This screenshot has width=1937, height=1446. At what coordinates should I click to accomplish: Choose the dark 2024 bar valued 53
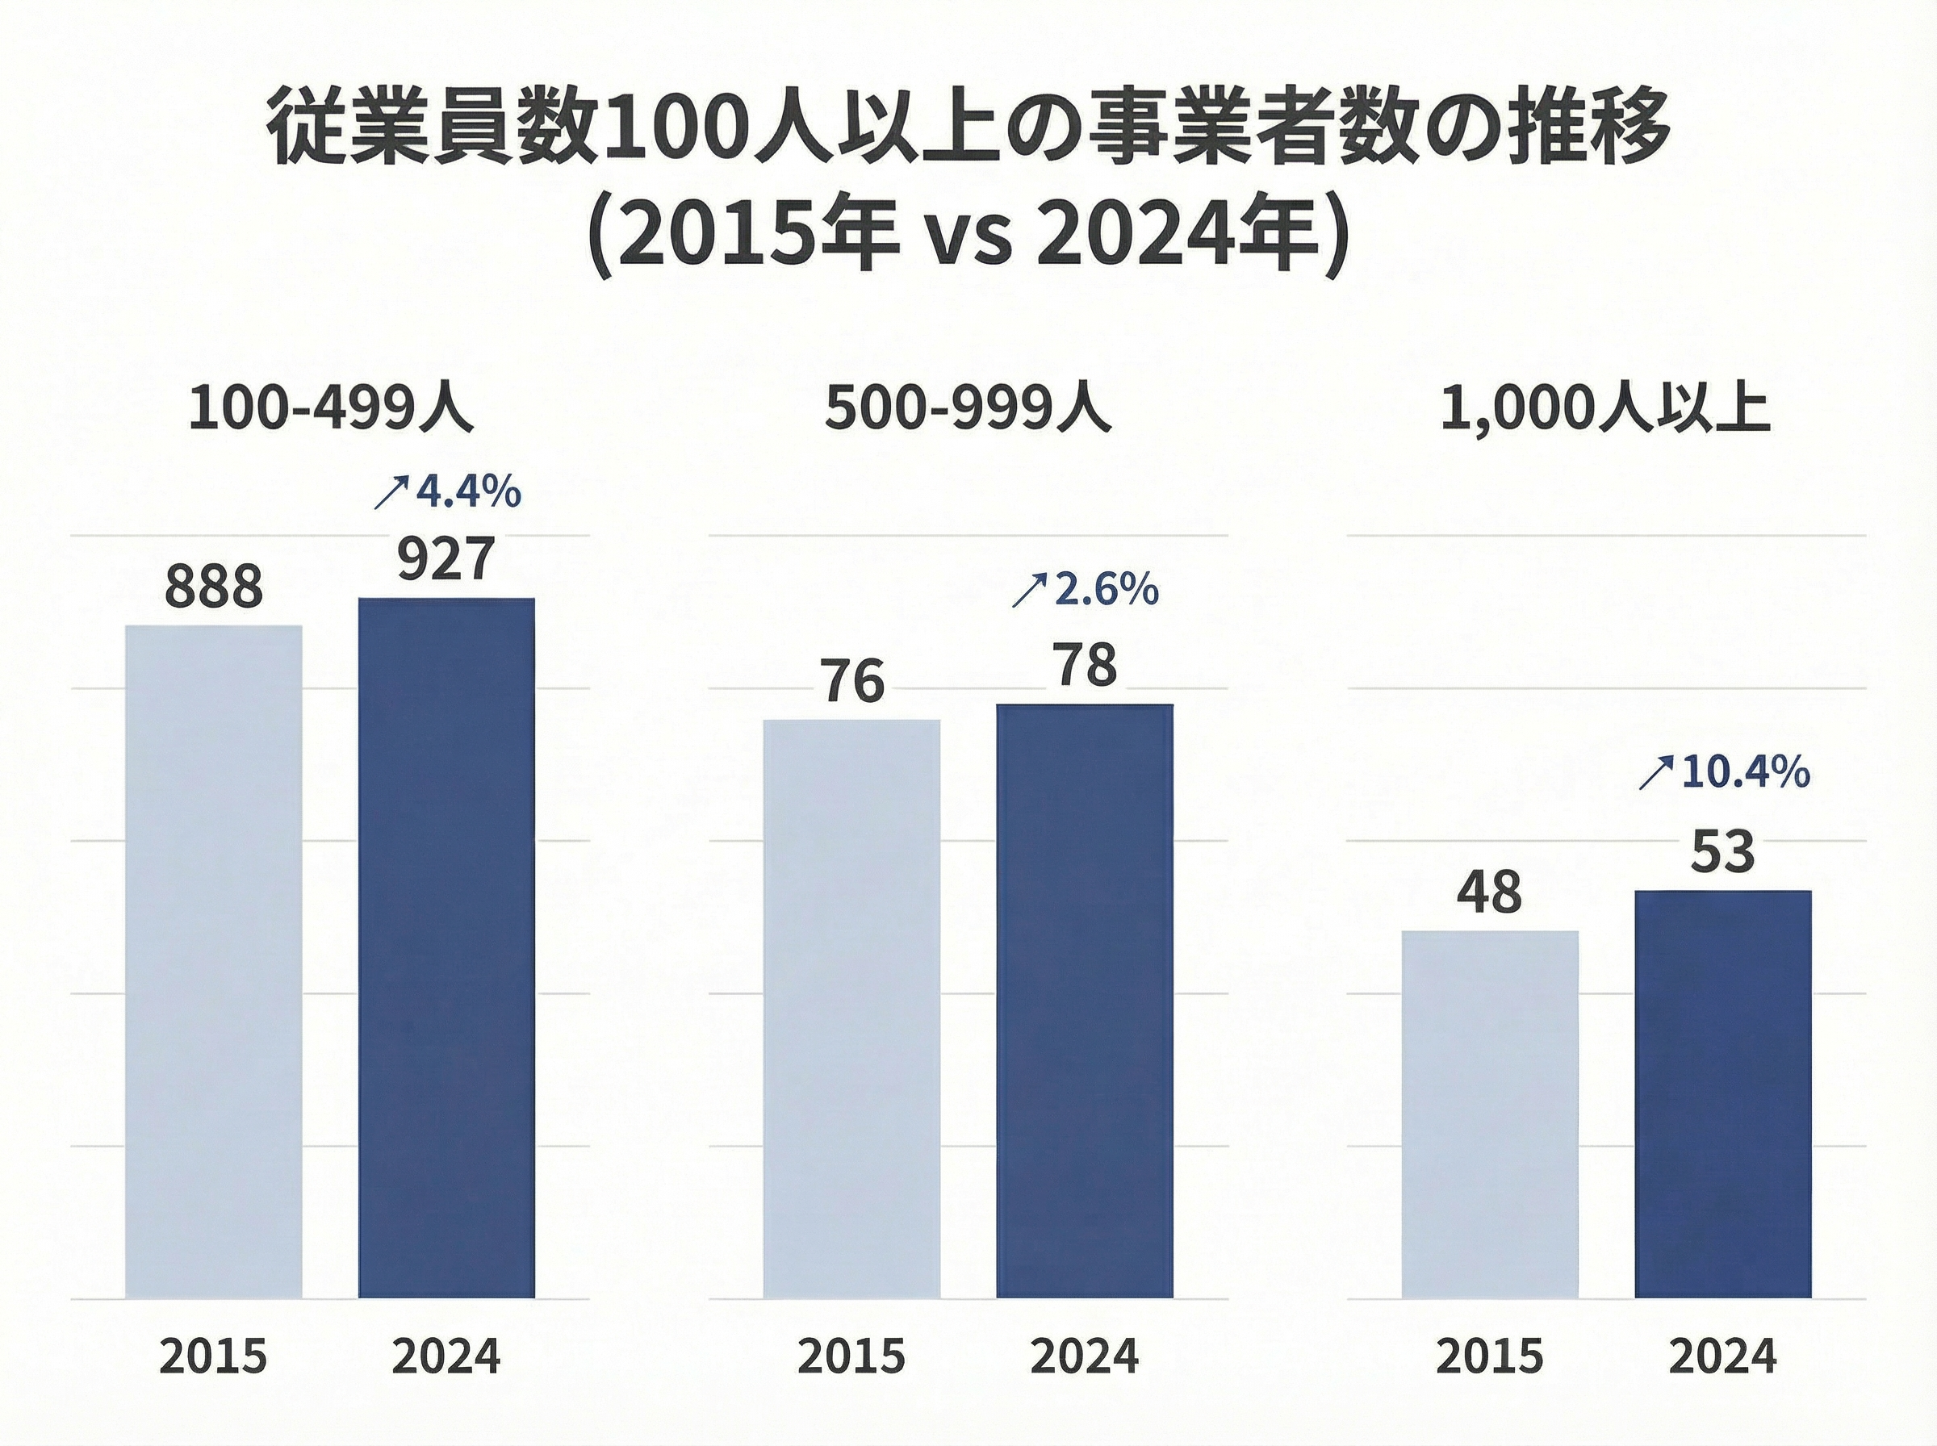click(1722, 1093)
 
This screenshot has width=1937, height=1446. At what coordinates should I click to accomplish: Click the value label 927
click(446, 559)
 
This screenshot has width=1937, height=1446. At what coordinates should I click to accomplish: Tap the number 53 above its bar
click(1722, 851)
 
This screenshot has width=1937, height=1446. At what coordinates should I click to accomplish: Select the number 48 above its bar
click(1490, 892)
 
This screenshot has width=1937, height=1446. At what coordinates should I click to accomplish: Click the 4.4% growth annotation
click(467, 493)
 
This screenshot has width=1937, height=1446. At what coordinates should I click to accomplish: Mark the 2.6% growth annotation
click(1106, 590)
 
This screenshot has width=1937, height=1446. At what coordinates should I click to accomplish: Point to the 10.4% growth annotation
click(1744, 772)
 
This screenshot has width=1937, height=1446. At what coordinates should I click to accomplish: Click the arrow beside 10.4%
click(1655, 775)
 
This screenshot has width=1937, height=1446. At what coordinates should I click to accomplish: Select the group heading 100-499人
click(331, 407)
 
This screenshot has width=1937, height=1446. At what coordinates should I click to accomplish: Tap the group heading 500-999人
click(968, 407)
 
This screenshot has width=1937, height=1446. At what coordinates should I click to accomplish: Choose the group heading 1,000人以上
click(1606, 407)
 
